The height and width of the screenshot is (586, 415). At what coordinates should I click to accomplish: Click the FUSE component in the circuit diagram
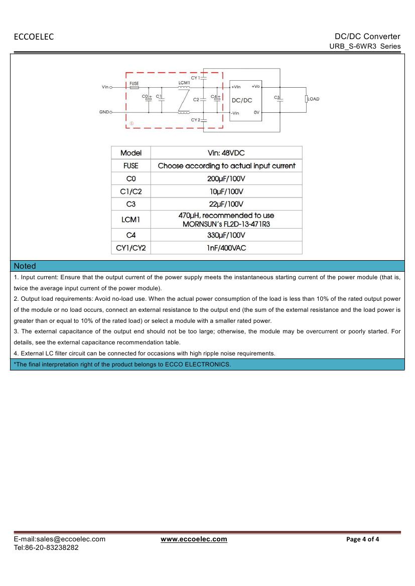pos(134,87)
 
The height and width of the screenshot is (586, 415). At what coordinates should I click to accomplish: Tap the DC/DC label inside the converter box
pos(242,100)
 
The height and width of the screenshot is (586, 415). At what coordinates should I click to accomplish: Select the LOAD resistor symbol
pos(306,99)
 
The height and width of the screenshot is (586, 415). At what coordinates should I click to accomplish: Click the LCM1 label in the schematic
pos(184,82)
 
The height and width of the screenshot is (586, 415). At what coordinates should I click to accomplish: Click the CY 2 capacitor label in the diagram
pos(195,120)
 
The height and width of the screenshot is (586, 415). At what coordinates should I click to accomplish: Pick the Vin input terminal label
pos(105,87)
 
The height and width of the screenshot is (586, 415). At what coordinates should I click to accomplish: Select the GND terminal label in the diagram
pos(104,112)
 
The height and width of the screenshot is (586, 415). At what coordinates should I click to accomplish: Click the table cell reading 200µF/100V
pos(226,178)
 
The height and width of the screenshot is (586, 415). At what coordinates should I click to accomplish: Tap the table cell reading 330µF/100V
pos(226,235)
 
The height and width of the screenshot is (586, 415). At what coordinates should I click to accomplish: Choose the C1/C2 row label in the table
pos(130,191)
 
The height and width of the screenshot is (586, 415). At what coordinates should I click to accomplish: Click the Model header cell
pos(130,153)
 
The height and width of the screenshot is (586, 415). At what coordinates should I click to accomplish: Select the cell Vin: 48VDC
pos(226,153)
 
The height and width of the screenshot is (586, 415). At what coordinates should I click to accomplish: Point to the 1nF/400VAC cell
pos(226,248)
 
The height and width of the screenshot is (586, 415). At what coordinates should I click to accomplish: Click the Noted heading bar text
pos(25,266)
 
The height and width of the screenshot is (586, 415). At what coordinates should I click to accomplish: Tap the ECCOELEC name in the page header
pos(34,37)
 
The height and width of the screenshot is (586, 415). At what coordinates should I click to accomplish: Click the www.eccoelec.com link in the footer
pos(194,539)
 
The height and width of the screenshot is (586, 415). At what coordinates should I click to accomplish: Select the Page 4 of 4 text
pos(362,539)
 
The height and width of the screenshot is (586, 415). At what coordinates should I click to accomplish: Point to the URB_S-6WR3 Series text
pos(365,46)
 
